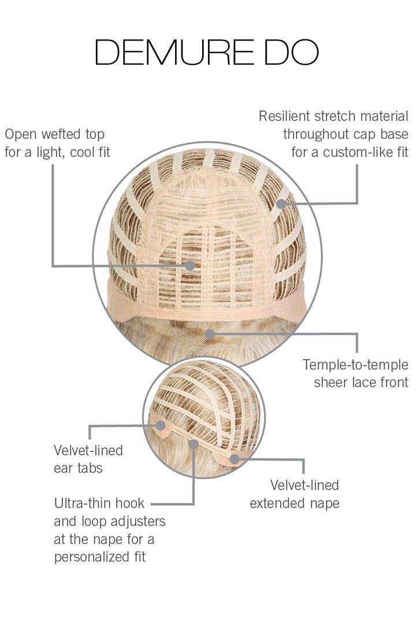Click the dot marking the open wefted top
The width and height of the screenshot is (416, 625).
point(190,266)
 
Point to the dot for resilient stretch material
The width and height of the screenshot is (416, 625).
point(281,203)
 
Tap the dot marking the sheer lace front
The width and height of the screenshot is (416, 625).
point(210,333)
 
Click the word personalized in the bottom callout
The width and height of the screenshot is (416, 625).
point(90,557)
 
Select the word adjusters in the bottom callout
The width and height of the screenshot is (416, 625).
point(138,521)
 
